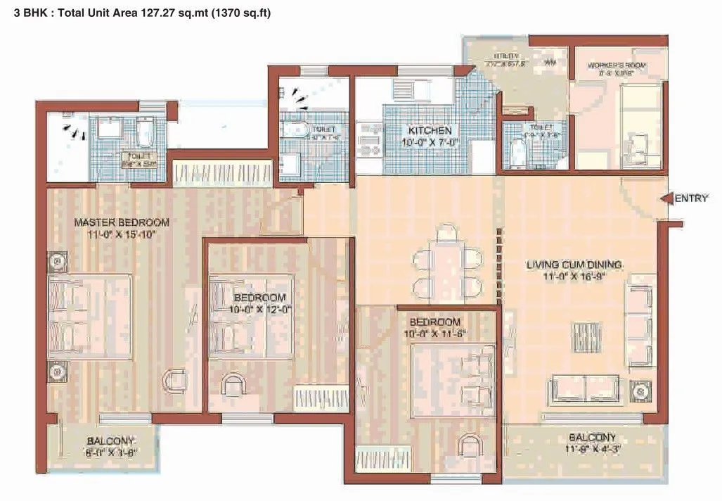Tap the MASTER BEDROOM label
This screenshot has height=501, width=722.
click(x=122, y=223)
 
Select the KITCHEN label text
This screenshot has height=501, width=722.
click(x=430, y=131)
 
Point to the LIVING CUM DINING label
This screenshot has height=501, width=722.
click(x=574, y=265)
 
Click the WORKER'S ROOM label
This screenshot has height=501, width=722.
click(x=617, y=65)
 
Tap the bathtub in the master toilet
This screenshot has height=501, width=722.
click(x=146, y=131)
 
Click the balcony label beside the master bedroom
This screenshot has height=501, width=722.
click(x=110, y=442)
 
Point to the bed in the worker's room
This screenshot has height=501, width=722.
click(x=640, y=127)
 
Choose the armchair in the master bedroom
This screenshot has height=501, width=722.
click(x=174, y=381)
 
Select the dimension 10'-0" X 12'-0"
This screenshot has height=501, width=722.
click(x=259, y=308)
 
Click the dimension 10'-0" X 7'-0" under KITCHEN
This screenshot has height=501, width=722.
click(x=430, y=144)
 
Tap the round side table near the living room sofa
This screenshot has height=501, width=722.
click(x=641, y=389)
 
